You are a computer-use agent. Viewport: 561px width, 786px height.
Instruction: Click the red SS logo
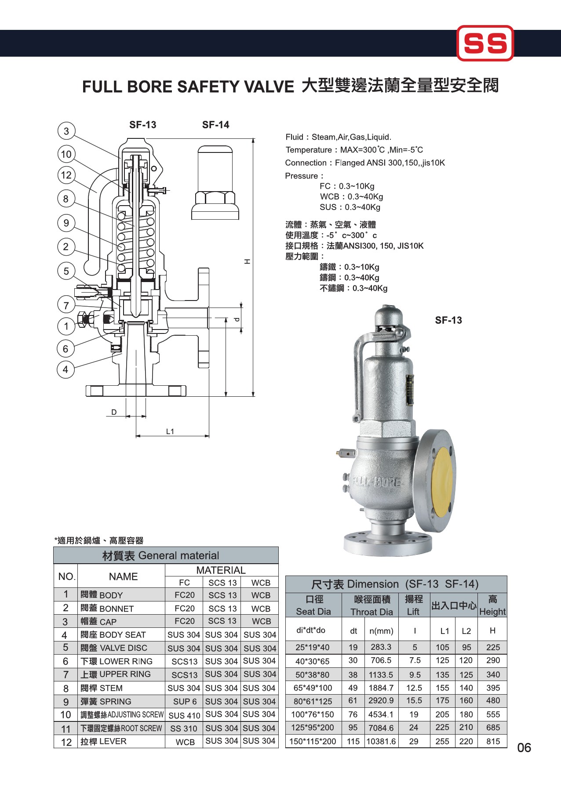pos(485,43)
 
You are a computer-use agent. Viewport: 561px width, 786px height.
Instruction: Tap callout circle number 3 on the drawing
pos(66,131)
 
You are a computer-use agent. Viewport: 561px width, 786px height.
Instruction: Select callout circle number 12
pos(66,175)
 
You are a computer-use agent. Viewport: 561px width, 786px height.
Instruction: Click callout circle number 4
pos(66,369)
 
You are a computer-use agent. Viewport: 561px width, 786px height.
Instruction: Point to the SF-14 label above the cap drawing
pos(215,125)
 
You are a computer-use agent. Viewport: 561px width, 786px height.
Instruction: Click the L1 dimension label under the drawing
pos(170,431)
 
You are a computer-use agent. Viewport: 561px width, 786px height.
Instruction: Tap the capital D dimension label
pos(114,412)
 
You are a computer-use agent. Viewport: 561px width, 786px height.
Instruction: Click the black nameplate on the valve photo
pos(410,390)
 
